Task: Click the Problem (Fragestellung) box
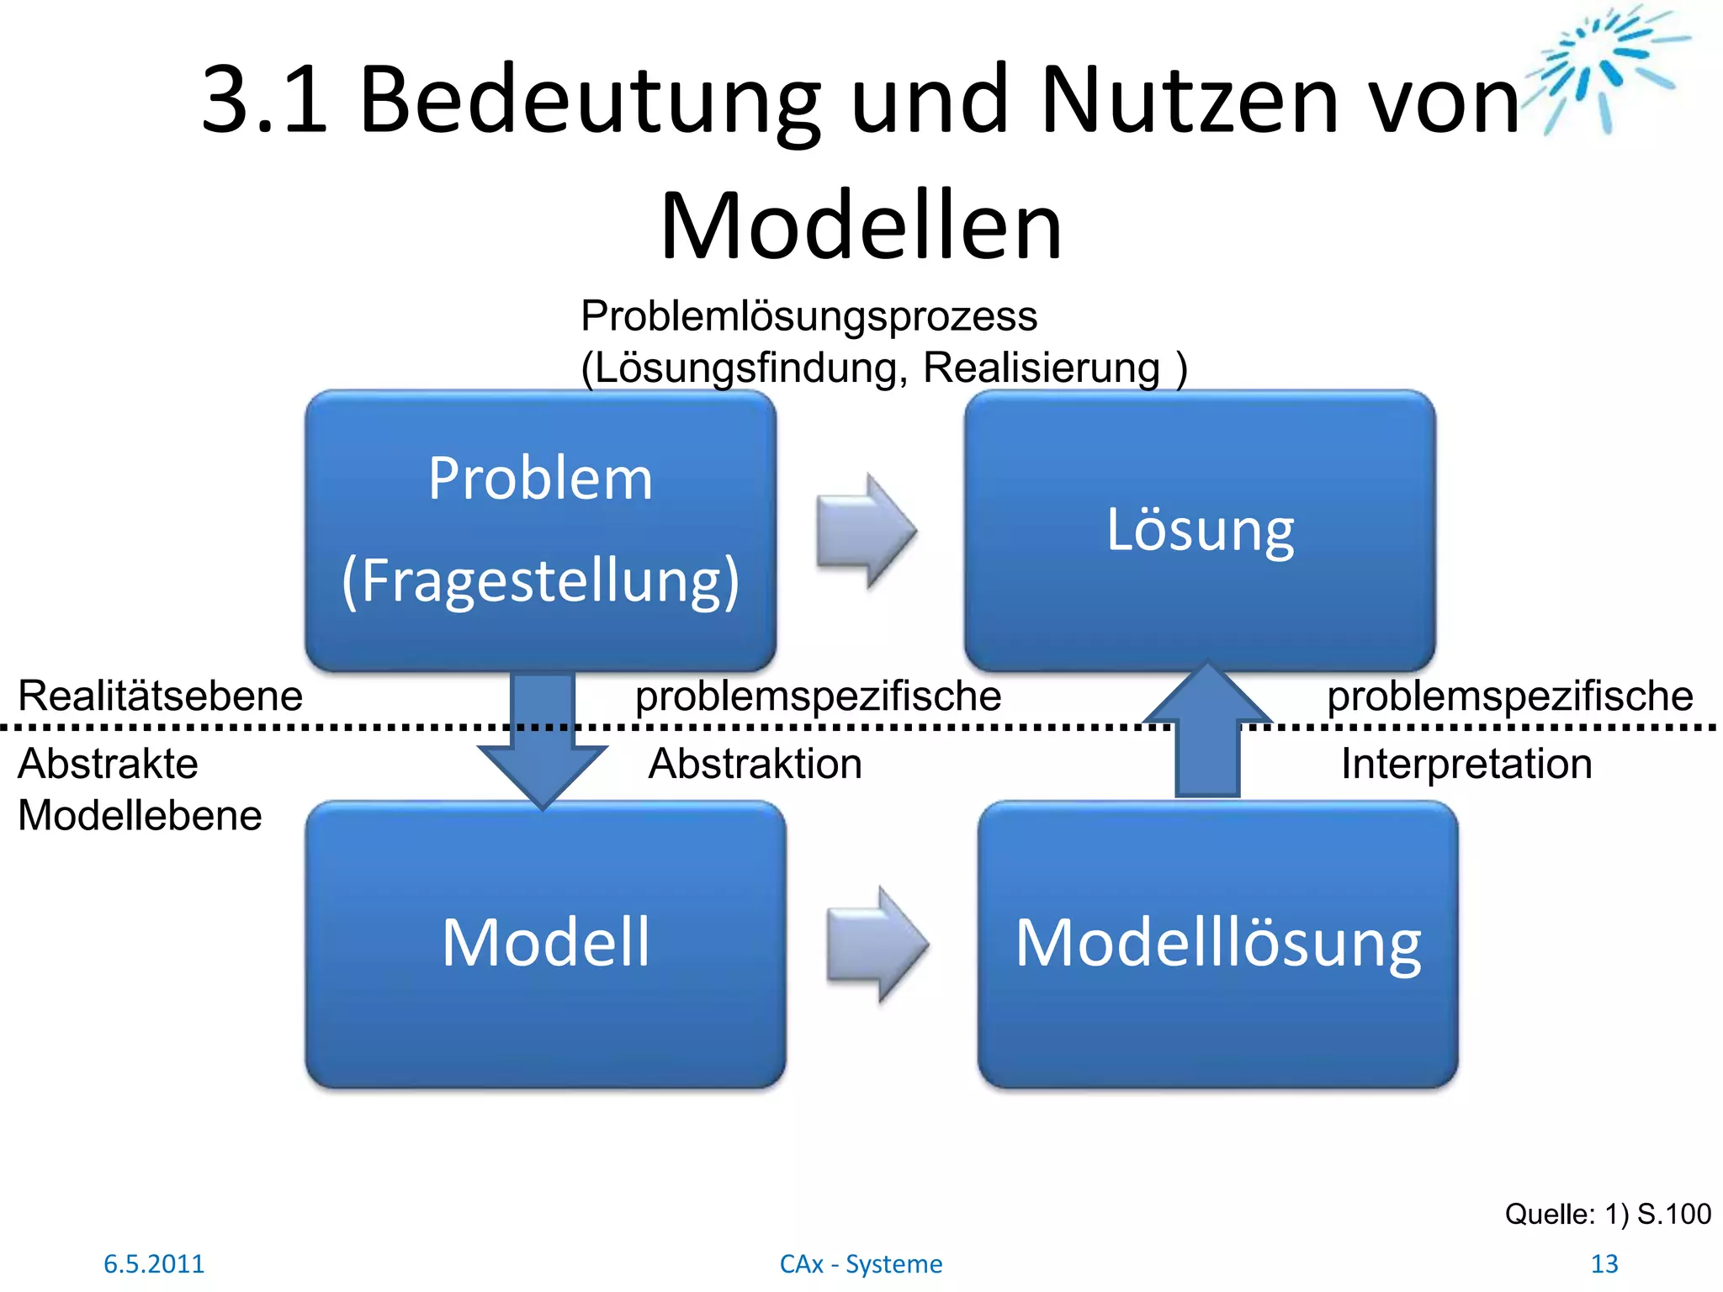click(540, 530)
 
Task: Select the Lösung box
click(1200, 530)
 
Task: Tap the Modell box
click(545, 944)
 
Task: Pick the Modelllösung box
click(1217, 944)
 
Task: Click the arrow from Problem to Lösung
click(867, 531)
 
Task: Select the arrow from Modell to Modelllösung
click(877, 945)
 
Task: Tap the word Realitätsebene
click(160, 696)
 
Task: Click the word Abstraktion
click(755, 765)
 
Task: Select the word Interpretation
click(1466, 765)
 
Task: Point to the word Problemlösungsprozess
click(808, 317)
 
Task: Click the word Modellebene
click(140, 816)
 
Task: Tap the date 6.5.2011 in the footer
click(154, 1263)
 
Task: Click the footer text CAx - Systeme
click(861, 1263)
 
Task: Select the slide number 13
click(1604, 1263)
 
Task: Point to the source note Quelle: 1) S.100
click(1607, 1214)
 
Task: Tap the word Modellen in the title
click(861, 227)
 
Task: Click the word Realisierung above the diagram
click(1041, 368)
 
